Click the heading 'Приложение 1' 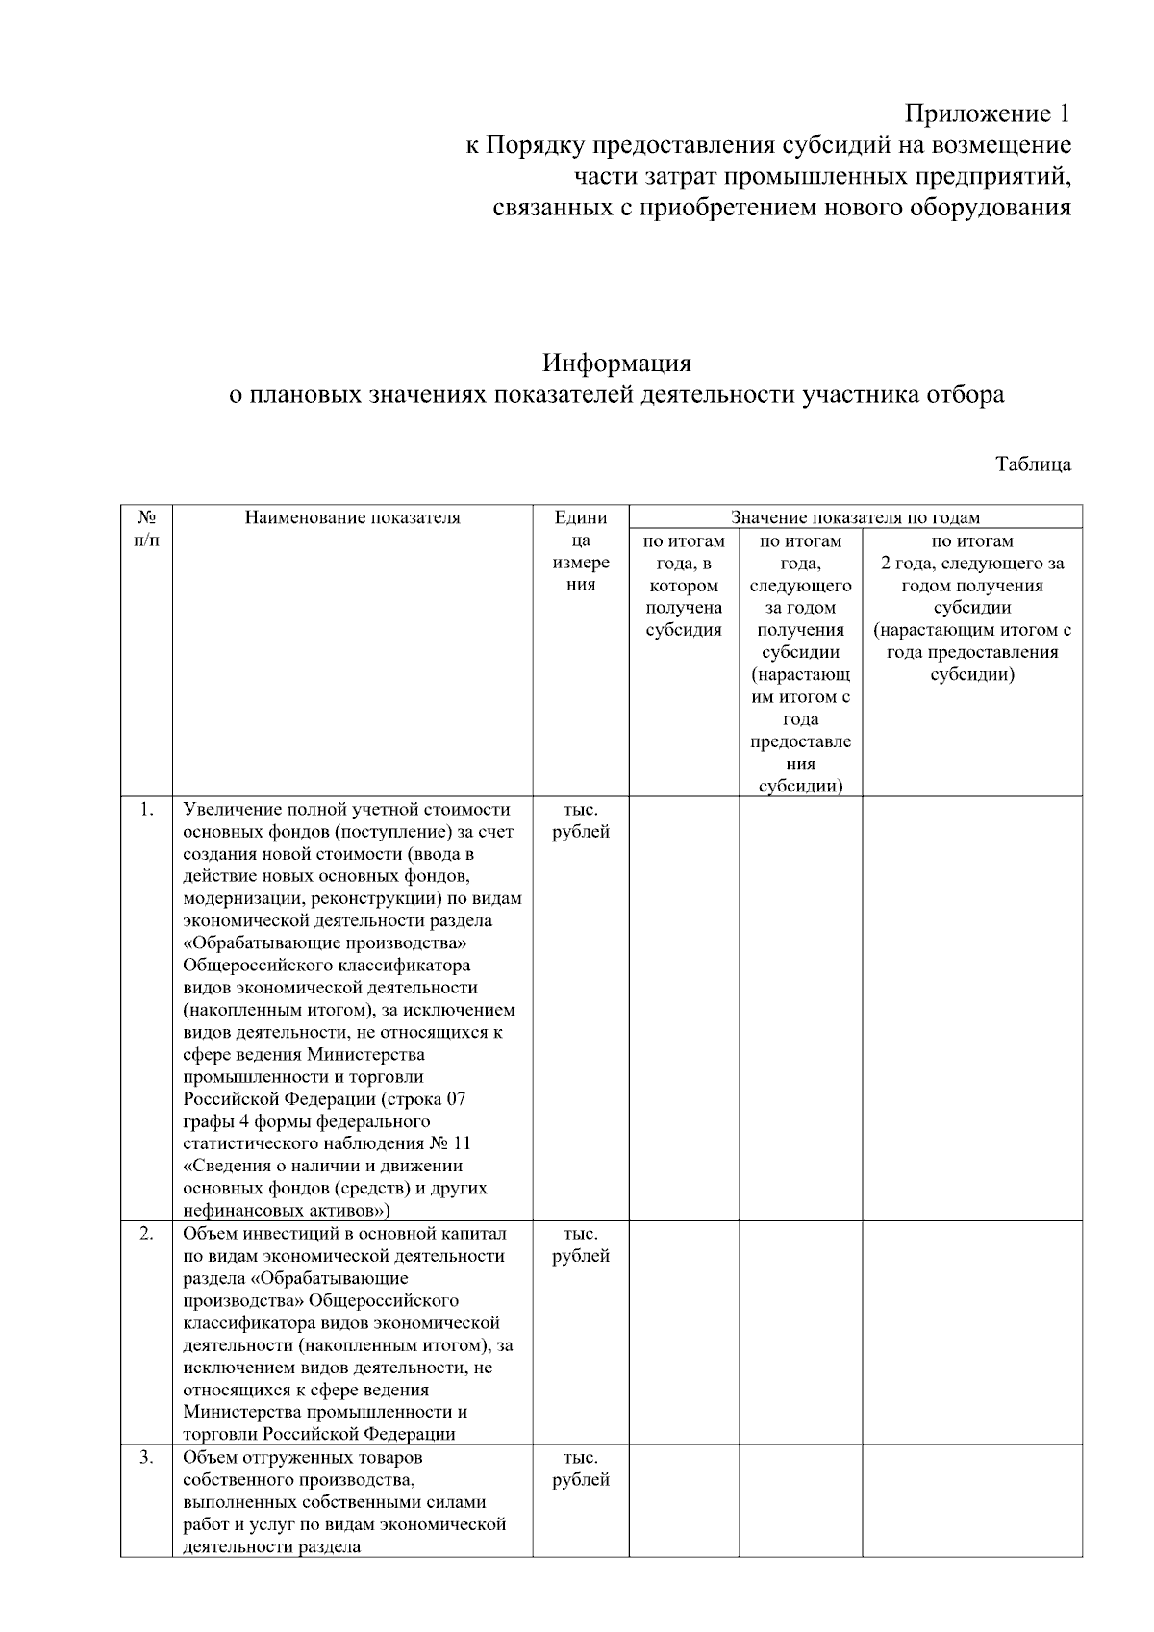987,114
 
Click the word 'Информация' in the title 616,364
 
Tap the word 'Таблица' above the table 1033,464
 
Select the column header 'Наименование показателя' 352,517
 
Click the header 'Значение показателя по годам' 856,517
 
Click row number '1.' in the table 146,809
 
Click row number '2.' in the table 146,1233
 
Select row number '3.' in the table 146,1457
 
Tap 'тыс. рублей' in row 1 581,820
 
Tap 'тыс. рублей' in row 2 581,1244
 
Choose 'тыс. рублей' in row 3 581,1469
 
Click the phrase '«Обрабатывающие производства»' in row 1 325,942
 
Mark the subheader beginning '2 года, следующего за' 972,564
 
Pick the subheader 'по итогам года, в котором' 684,564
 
